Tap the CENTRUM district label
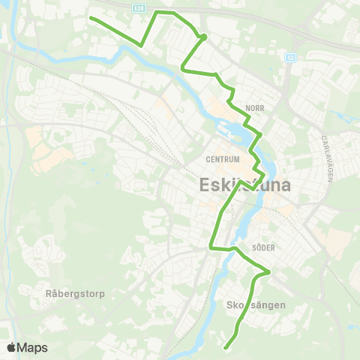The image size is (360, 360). coord(223,160)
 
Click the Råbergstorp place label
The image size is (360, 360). coord(74,293)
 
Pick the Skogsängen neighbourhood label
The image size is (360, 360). coord(253,305)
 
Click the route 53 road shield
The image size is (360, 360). coord(290,57)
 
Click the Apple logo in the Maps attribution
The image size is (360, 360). coord(12,348)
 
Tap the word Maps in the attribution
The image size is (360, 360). coord(33,348)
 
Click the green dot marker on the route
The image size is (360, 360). coord(203,36)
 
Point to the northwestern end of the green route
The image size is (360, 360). coord(91,17)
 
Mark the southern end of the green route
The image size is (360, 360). coord(226,346)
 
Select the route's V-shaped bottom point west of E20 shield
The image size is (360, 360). coord(141,45)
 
